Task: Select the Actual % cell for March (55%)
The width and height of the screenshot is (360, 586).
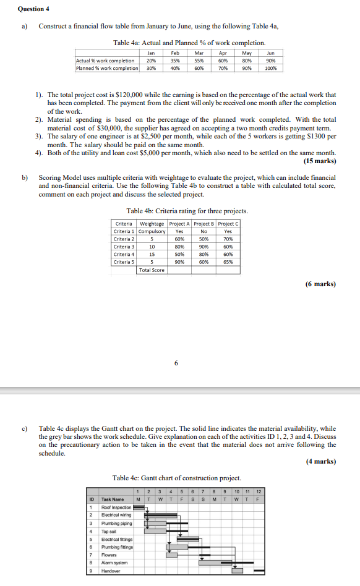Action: point(199,61)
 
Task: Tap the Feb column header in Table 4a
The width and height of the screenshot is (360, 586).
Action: point(175,53)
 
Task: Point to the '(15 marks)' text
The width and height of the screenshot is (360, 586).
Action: point(320,161)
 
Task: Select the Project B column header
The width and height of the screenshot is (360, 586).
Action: point(202,223)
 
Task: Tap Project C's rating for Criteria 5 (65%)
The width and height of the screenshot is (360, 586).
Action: point(228,261)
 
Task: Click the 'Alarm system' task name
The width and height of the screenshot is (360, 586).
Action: point(114,563)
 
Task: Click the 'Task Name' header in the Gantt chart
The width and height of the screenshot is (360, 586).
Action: point(113,499)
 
